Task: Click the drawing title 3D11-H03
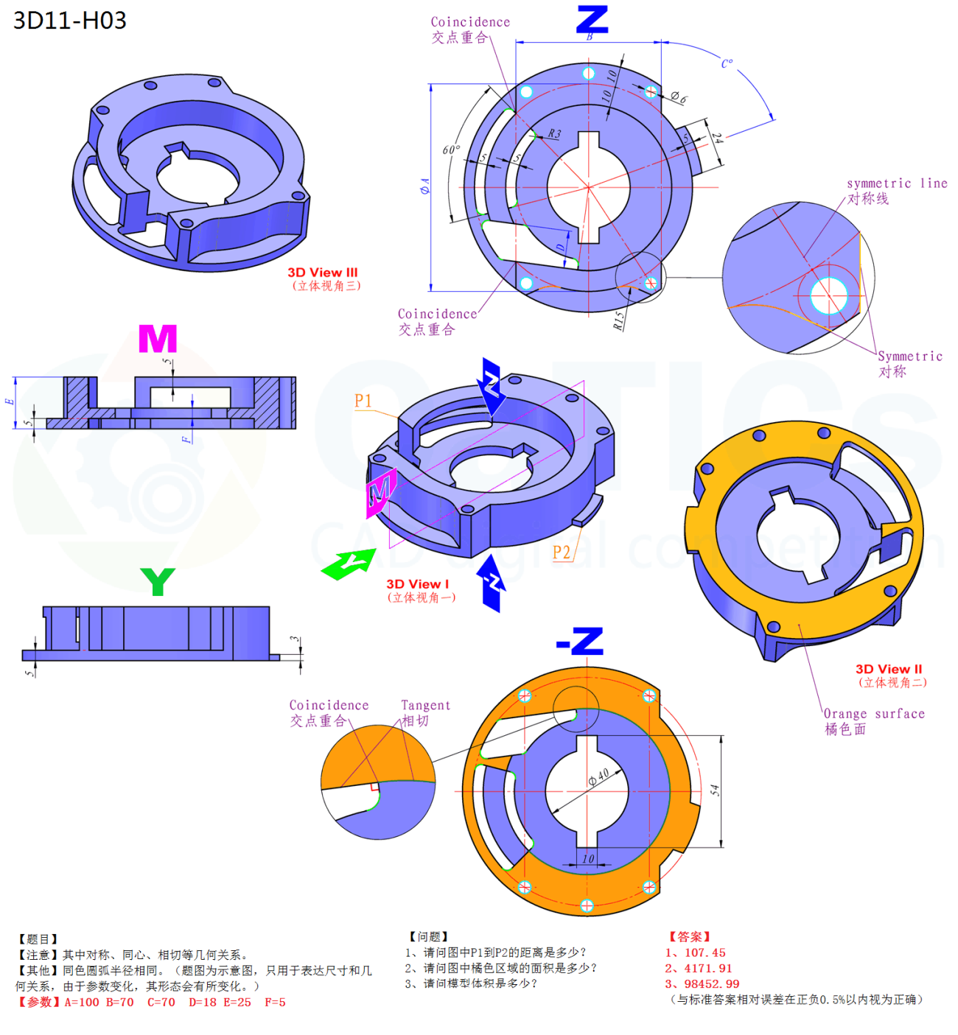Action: click(x=70, y=21)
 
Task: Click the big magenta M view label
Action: click(x=158, y=339)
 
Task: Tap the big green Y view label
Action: click(x=158, y=581)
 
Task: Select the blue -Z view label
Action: click(x=580, y=642)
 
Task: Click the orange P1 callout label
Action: click(x=363, y=401)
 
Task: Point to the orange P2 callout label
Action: click(x=562, y=552)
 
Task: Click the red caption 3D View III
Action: click(x=322, y=273)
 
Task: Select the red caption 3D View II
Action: click(x=889, y=669)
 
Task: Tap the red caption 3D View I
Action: click(x=417, y=584)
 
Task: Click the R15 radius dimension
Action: click(x=618, y=320)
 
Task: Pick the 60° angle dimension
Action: click(x=451, y=150)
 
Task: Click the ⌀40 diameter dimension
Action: click(x=598, y=777)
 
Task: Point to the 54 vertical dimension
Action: click(x=714, y=790)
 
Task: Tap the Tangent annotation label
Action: click(x=425, y=705)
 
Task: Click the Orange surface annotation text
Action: click(x=874, y=713)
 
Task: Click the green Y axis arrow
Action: click(x=347, y=564)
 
